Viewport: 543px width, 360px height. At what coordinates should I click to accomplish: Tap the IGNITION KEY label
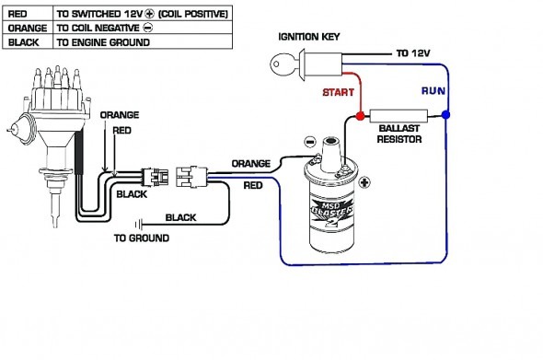pos(310,37)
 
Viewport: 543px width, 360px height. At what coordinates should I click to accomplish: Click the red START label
pos(338,93)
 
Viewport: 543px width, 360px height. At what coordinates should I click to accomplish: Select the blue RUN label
pos(433,91)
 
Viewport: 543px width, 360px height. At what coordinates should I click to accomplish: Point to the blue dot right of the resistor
pos(445,116)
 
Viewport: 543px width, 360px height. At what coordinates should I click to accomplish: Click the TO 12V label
pos(413,54)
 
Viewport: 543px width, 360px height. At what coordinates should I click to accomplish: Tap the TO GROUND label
pos(141,238)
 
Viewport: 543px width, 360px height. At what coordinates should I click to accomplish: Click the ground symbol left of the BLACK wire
pos(138,222)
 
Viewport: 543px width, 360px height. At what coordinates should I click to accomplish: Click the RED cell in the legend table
pos(26,14)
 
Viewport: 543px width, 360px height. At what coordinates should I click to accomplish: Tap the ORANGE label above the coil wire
pos(249,163)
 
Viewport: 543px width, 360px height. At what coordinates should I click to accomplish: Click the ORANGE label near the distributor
pos(119,115)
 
